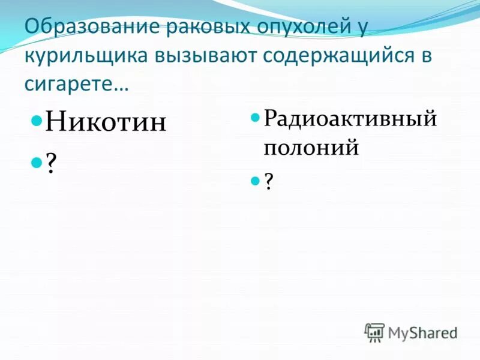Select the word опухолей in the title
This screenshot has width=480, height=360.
[x=287, y=28]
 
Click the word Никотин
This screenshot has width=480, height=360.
[x=106, y=122]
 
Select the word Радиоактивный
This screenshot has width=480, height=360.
[x=350, y=118]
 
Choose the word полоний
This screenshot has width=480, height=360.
[x=311, y=147]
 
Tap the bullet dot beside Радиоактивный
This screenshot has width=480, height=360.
[x=254, y=116]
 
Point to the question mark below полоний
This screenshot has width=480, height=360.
[x=268, y=182]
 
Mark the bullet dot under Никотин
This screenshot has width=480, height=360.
[x=36, y=162]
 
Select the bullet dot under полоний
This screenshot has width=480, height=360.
[x=254, y=181]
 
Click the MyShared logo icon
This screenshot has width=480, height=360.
[x=374, y=332]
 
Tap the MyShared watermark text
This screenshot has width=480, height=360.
[x=422, y=332]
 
